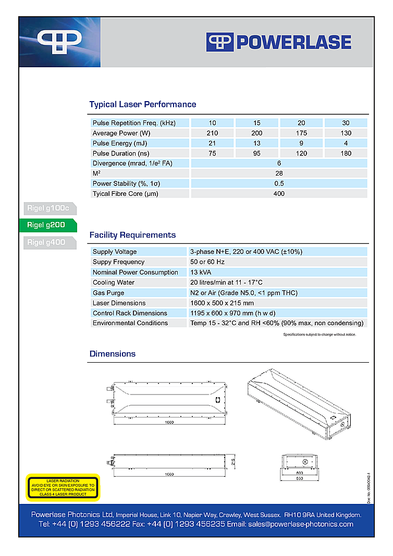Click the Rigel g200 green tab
pyautogui.click(x=48, y=226)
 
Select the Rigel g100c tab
pyautogui.click(x=48, y=209)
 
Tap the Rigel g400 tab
pyautogui.click(x=48, y=242)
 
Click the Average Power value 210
pyautogui.click(x=212, y=133)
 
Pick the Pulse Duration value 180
pyautogui.click(x=346, y=154)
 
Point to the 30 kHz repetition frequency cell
pyautogui.click(x=346, y=123)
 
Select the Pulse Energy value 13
pyautogui.click(x=256, y=143)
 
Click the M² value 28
pyautogui.click(x=279, y=174)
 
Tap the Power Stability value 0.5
pyautogui.click(x=279, y=183)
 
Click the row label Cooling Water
pyautogui.click(x=114, y=282)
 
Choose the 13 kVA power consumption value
pyautogui.click(x=201, y=273)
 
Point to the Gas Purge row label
pyautogui.click(x=108, y=293)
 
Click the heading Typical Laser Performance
pyautogui.click(x=143, y=104)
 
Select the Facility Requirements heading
pyautogui.click(x=132, y=235)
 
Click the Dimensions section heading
pyautogui.click(x=113, y=354)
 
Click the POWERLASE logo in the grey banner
pyautogui.click(x=279, y=42)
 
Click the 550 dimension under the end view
pyautogui.click(x=300, y=478)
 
